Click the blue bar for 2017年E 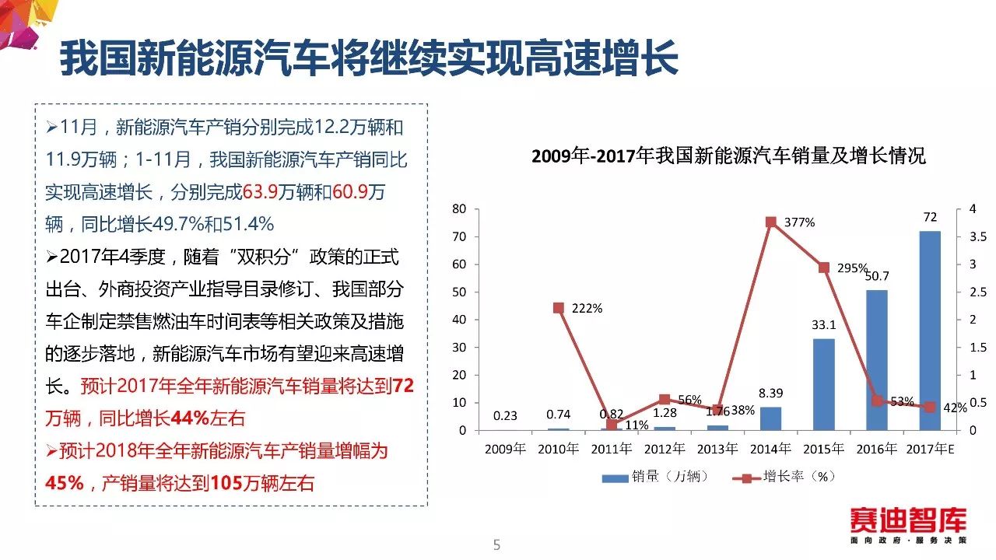(930, 331)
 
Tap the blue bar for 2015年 (823, 384)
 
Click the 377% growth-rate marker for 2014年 (770, 222)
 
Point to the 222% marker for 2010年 (558, 308)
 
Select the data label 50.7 (877, 276)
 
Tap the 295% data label (853, 268)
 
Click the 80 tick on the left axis (458, 208)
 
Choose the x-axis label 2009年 (505, 449)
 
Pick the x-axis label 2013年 (717, 449)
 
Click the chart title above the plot (728, 156)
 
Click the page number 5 (497, 545)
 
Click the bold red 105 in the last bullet (224, 483)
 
